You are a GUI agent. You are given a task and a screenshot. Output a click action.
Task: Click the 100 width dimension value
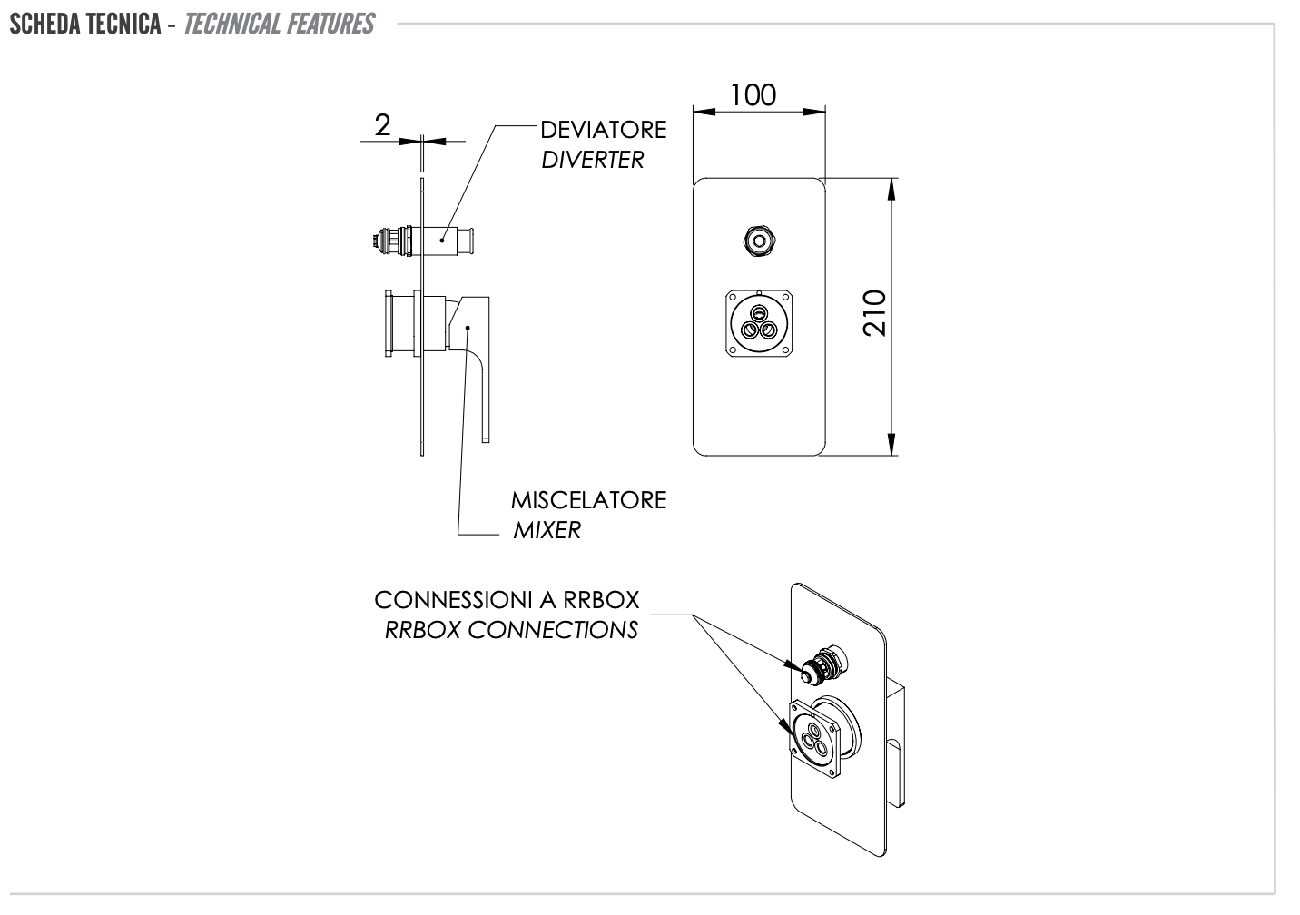tap(753, 94)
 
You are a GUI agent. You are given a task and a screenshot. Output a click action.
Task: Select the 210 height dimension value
tap(874, 313)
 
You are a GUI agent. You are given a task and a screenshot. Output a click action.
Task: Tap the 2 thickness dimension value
tap(382, 125)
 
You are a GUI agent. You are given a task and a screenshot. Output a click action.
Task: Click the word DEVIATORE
tap(603, 130)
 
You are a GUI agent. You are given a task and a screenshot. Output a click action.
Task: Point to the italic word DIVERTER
tap(592, 160)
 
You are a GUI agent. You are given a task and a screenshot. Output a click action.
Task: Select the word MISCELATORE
tap(588, 500)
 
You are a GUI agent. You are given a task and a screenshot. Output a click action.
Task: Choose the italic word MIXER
tap(547, 530)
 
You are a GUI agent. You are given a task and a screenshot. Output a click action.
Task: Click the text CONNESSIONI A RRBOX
tap(507, 600)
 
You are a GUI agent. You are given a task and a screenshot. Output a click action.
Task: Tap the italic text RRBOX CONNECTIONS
tap(511, 629)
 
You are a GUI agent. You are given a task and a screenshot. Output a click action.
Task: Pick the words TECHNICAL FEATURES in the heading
tap(279, 23)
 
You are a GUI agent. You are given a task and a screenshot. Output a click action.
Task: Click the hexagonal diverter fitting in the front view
tap(758, 241)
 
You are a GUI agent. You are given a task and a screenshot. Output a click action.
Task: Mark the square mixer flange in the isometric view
tap(815, 737)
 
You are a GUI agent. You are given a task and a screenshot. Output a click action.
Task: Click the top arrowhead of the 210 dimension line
tap(892, 186)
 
